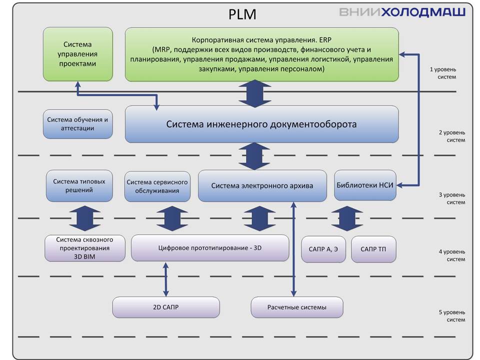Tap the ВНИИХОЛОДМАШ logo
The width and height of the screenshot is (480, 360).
pyautogui.click(x=402, y=12)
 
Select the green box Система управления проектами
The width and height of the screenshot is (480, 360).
pyautogui.click(x=77, y=54)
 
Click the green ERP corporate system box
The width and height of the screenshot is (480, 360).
pyautogui.click(x=261, y=54)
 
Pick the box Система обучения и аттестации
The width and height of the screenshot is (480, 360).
pyautogui.click(x=77, y=124)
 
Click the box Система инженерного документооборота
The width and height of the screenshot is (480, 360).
pyautogui.click(x=261, y=124)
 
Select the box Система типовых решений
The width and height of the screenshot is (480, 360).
pyautogui.click(x=79, y=185)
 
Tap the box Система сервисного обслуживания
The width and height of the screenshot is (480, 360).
pyautogui.click(x=157, y=186)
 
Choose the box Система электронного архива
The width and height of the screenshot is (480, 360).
pyautogui.click(x=262, y=185)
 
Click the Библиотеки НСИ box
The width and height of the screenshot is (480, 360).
pyautogui.click(x=364, y=185)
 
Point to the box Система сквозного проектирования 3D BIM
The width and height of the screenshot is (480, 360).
pyautogui.click(x=84, y=248)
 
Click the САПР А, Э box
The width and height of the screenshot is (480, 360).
pyautogui.click(x=323, y=249)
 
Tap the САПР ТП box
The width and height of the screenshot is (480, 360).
pyautogui.click(x=373, y=249)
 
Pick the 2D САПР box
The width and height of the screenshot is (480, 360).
pyautogui.click(x=166, y=307)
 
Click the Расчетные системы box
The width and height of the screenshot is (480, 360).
pyautogui.click(x=296, y=307)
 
